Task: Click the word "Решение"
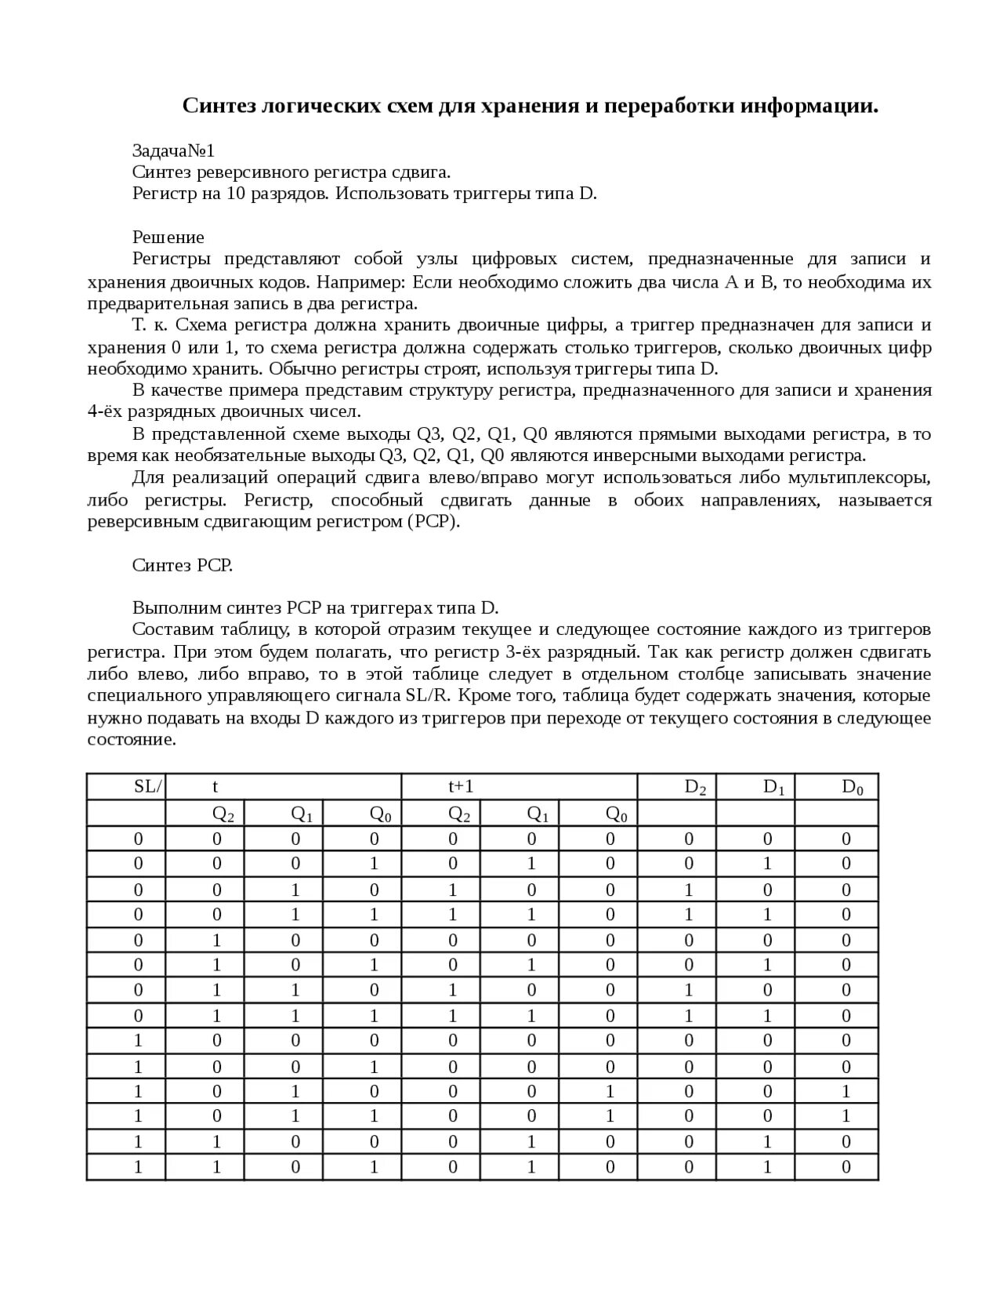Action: point(168,237)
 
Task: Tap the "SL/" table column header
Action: point(148,787)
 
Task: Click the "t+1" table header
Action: point(460,787)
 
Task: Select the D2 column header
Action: point(695,787)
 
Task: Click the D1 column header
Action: point(773,787)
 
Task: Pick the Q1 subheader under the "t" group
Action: point(302,814)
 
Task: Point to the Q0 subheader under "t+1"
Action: point(617,814)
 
